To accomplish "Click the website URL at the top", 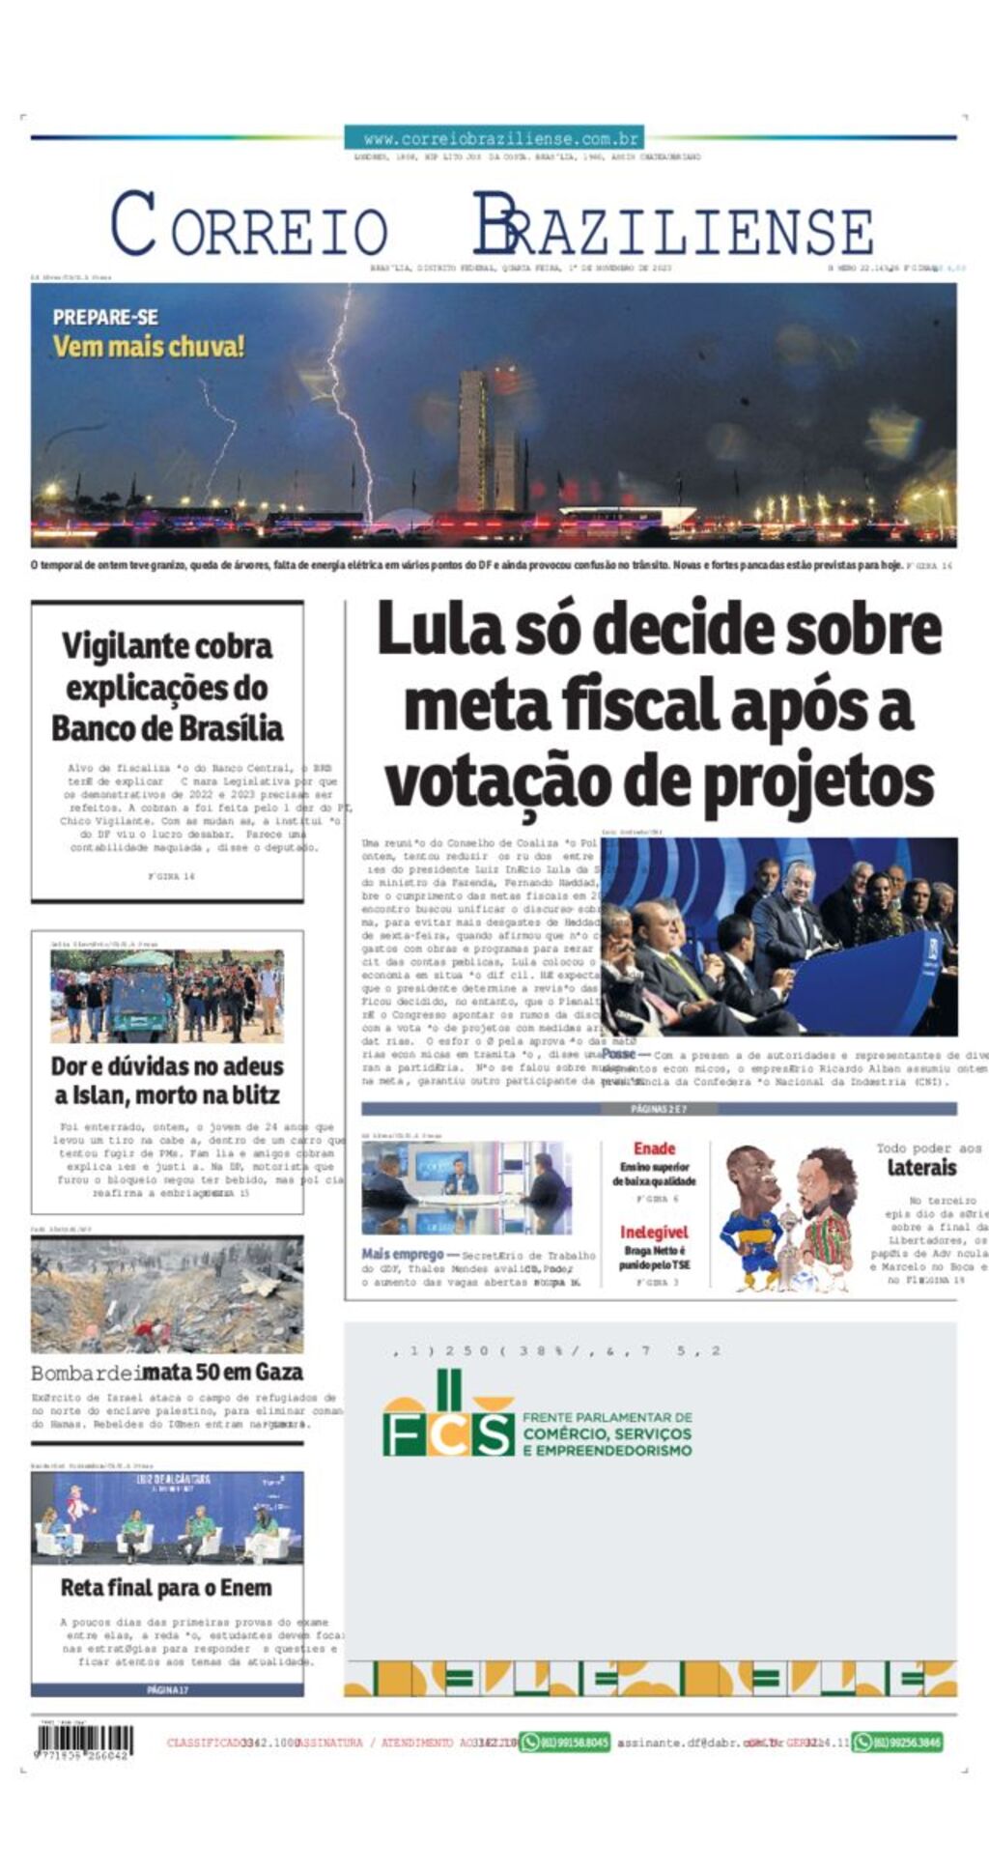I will [x=494, y=138].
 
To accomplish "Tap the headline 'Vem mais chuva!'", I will [x=149, y=346].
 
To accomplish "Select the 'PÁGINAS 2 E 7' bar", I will [x=659, y=1109].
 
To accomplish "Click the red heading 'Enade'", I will [x=654, y=1149].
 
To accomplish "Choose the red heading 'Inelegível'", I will [x=654, y=1233].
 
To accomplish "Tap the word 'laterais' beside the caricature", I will [x=921, y=1168].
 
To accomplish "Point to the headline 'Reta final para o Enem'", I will [x=166, y=1588].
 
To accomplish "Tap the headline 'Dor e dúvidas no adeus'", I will [x=167, y=1066].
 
